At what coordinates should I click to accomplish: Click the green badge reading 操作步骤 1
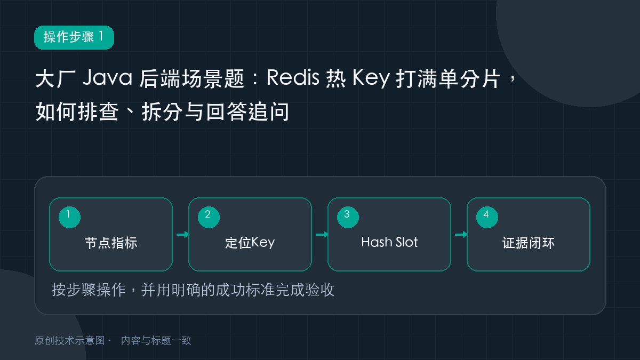click(x=74, y=37)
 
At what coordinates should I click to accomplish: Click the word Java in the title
click(x=107, y=77)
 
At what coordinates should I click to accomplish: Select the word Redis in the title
click(x=293, y=77)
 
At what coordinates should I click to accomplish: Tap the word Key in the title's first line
click(x=371, y=78)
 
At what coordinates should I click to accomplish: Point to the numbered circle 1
click(x=69, y=217)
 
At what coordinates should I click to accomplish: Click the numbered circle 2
click(x=209, y=217)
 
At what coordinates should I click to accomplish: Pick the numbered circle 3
click(x=348, y=217)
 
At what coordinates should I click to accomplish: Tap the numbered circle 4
click(x=487, y=217)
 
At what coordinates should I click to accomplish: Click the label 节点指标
click(x=111, y=243)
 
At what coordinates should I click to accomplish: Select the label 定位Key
click(x=250, y=243)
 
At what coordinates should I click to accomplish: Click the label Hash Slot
click(x=389, y=242)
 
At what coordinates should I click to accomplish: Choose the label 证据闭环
click(x=529, y=243)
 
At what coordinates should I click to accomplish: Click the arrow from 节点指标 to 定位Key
click(x=182, y=235)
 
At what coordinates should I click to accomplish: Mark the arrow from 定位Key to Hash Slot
click(x=322, y=235)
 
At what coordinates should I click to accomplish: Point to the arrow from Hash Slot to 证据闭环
click(x=461, y=235)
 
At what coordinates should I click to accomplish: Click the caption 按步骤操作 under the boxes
click(x=89, y=290)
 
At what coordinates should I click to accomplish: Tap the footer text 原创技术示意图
click(x=70, y=341)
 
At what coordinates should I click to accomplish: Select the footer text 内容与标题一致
click(x=156, y=341)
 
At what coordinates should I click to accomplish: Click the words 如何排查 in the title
click(x=77, y=111)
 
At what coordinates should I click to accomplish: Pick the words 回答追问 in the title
click(x=247, y=111)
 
